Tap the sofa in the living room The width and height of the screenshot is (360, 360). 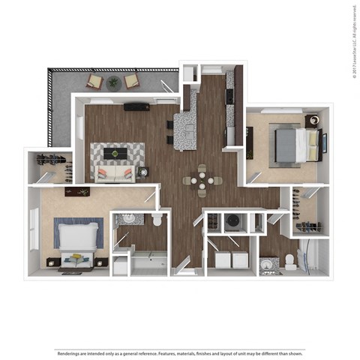tap(115, 174)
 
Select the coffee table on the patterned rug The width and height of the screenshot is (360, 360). tap(117, 154)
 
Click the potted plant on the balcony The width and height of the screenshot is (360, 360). tap(113, 82)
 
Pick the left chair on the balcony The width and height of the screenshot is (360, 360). tap(95, 81)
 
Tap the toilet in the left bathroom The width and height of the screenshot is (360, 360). tap(156, 220)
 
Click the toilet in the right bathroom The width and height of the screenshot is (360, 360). tap(290, 262)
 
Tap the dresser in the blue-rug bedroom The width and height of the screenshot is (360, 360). tap(77, 192)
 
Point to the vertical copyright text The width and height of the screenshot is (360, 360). tap(352, 41)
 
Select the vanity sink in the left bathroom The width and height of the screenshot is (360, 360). tap(127, 220)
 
